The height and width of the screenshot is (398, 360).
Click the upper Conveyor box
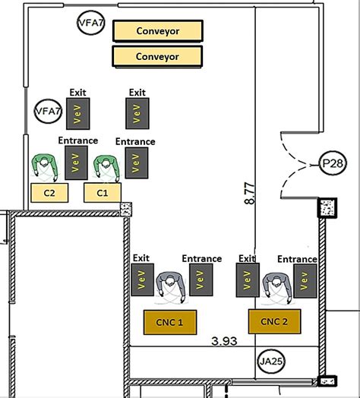157,31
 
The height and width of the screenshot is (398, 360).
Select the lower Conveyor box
157,56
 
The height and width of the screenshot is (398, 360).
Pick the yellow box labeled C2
49,193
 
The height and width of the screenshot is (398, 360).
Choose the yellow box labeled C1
103,193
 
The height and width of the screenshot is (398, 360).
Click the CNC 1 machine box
169,321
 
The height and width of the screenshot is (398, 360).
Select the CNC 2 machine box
275,321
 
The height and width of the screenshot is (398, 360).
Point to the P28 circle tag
330,163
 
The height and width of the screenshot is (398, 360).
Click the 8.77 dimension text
249,194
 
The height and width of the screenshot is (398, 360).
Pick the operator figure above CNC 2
274,287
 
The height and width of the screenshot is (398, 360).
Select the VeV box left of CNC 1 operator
142,280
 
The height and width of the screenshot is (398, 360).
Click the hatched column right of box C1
126,207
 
